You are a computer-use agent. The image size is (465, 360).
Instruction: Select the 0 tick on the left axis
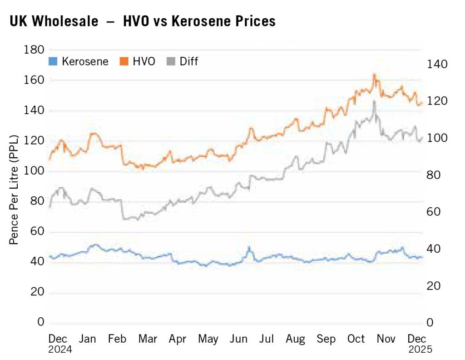coord(40,322)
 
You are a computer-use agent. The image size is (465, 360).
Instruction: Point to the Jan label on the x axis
coord(88,339)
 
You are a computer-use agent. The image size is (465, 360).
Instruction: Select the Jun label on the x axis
coord(238,339)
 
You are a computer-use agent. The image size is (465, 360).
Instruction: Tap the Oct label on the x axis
coord(356,339)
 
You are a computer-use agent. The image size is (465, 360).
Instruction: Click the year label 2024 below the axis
coord(60,350)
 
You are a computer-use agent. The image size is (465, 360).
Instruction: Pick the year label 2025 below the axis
coord(420,350)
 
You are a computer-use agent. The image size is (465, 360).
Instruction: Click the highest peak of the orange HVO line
coord(374,74)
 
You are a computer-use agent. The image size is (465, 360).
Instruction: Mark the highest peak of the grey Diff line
coord(374,101)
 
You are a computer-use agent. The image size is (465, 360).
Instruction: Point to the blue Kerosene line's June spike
coord(249,247)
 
